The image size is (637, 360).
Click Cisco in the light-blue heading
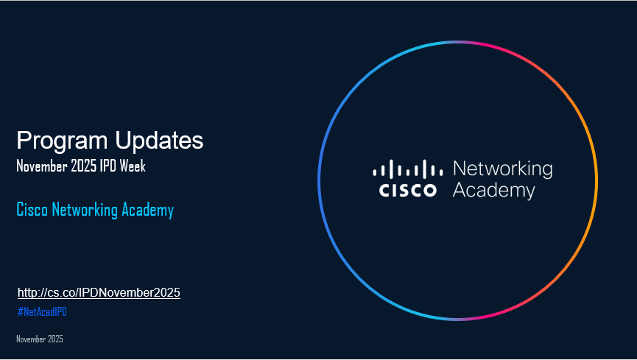[32, 211]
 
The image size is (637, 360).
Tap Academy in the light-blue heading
[147, 211]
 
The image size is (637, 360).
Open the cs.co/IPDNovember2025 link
[99, 293]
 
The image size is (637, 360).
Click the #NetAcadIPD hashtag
[42, 312]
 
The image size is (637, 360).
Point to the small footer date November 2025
[40, 339]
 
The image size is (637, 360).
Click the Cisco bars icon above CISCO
[408, 169]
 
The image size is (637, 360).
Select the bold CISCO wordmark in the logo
[408, 191]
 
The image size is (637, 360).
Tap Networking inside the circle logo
[502, 169]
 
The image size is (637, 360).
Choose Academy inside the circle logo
[493, 191]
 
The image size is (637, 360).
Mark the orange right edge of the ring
[596, 180]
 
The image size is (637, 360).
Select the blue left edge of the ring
[319, 180]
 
